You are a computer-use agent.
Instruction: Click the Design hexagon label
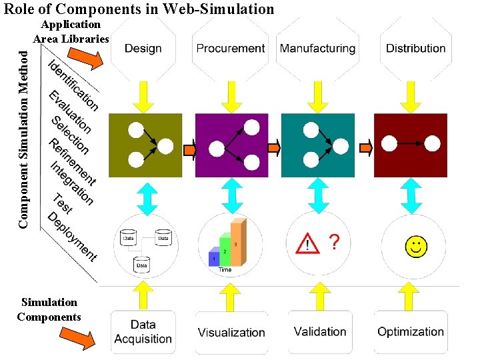[x=143, y=48]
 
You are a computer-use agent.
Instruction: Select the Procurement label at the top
[x=231, y=48]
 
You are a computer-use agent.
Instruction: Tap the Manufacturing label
[x=317, y=48]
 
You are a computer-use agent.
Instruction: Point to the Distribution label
[x=415, y=48]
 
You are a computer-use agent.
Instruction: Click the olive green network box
[x=145, y=145]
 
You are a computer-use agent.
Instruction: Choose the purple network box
[x=231, y=145]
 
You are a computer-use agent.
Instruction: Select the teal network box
[x=318, y=145]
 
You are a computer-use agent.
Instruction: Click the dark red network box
[x=410, y=145]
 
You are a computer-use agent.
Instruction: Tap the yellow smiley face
[x=416, y=246]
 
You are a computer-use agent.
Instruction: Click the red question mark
[x=335, y=243]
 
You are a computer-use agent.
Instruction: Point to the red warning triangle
[x=307, y=244]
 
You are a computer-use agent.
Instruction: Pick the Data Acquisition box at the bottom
[x=143, y=332]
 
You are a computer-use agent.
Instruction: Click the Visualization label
[x=231, y=332]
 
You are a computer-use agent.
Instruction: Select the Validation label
[x=320, y=331]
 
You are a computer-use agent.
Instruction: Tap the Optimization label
[x=410, y=331]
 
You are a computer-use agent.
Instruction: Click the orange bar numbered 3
[x=237, y=243]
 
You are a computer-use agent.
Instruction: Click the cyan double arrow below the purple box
[x=231, y=195]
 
